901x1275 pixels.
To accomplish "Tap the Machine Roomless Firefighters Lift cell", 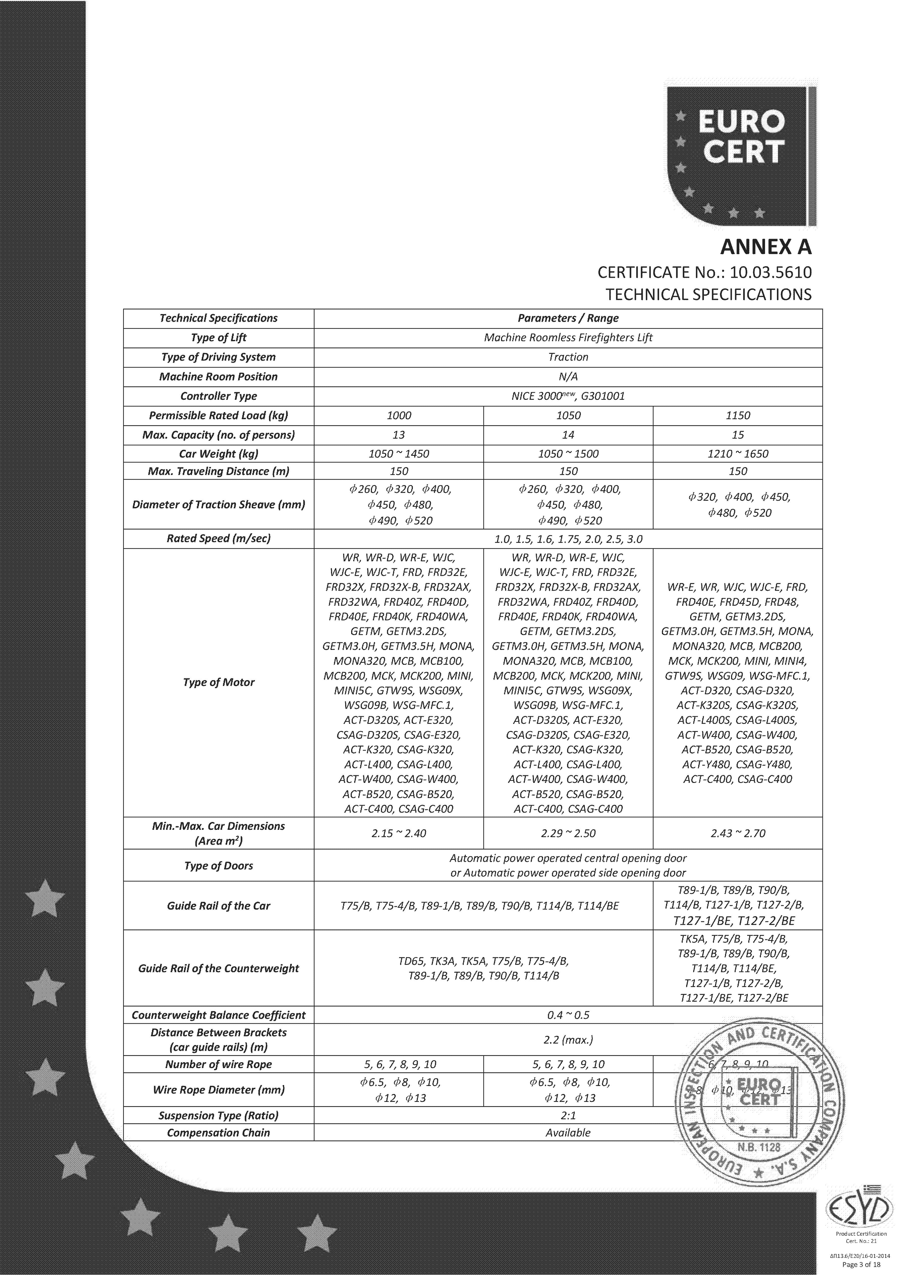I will tap(568, 338).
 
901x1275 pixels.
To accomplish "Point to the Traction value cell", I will tap(568, 357).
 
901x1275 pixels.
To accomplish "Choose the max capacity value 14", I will tap(568, 435).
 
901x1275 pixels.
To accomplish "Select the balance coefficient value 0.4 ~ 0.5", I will tap(568, 1015).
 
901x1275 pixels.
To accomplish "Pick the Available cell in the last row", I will tap(568, 1133).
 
